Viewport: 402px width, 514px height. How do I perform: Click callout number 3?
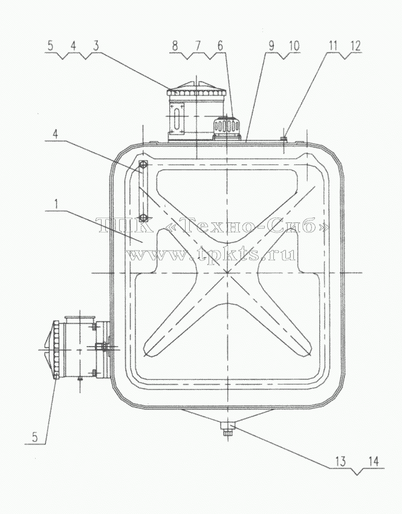point(96,46)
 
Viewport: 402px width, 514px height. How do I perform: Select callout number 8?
point(175,46)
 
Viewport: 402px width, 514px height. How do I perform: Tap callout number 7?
point(198,46)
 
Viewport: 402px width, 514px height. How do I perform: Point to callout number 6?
point(220,46)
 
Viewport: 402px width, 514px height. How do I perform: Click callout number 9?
point(271,46)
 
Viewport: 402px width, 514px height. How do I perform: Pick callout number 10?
point(294,46)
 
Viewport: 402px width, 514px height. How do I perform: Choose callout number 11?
point(333,46)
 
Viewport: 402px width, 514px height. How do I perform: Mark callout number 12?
point(355,46)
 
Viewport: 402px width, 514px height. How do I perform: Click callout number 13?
point(340,461)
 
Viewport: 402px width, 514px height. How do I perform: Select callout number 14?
point(373,461)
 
